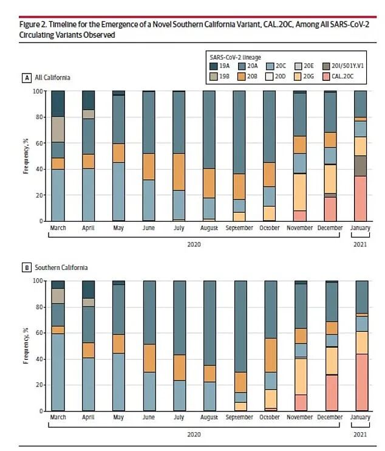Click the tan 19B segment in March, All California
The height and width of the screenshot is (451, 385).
point(58,129)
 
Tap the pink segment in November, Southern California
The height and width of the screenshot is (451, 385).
point(300,402)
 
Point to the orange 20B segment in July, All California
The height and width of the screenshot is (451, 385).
point(179,172)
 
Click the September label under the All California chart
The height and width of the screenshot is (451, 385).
point(239,228)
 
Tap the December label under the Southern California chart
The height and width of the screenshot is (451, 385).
point(330,418)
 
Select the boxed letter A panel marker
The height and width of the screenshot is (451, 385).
point(26,78)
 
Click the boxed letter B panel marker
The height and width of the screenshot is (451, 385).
point(26,267)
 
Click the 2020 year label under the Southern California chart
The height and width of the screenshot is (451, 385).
point(193,434)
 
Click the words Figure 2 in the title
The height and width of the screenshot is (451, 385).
point(34,25)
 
